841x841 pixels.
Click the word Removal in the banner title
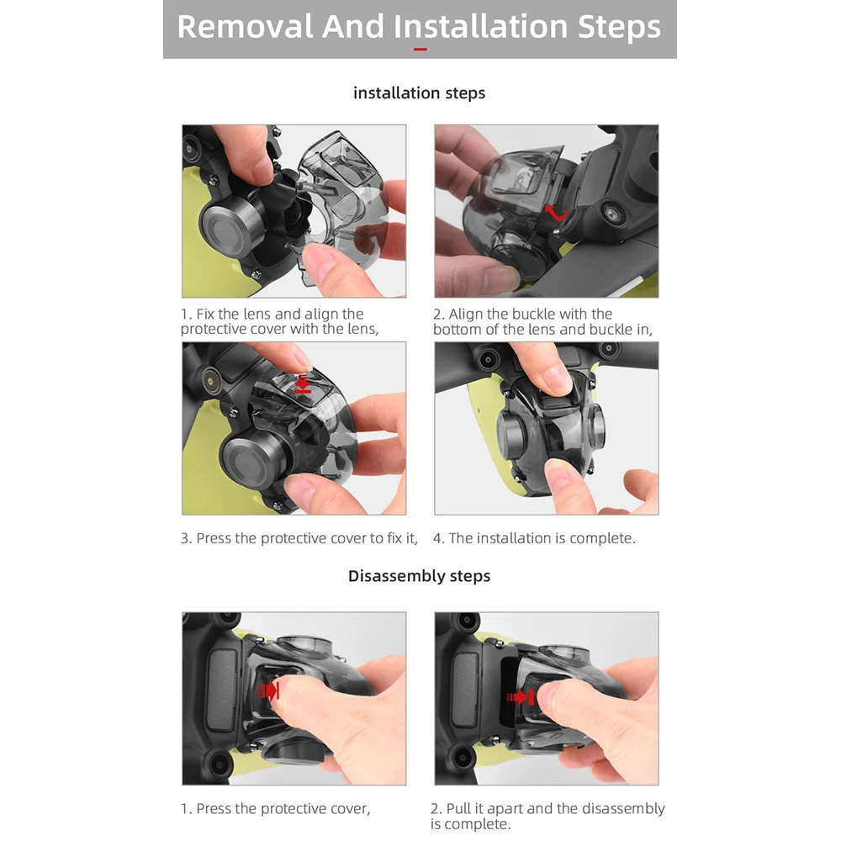245,26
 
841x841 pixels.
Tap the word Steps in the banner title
620,27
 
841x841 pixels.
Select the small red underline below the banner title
420,50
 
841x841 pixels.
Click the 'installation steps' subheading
419,93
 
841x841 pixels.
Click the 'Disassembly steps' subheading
419,575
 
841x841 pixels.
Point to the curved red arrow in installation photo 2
556,214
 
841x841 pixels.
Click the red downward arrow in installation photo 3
303,384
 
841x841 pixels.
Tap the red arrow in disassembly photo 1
269,690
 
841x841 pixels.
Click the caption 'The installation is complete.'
542,538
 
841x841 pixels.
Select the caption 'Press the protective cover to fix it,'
307,538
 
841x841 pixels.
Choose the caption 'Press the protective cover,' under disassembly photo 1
283,808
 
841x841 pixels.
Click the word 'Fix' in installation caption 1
205,314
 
